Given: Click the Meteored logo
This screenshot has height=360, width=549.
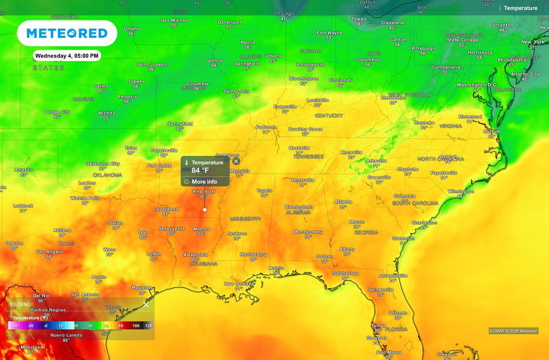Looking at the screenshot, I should tap(67, 33).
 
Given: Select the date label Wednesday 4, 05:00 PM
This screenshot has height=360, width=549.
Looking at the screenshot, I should tap(67, 56).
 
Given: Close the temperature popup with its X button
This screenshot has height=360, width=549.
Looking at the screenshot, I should tap(236, 161).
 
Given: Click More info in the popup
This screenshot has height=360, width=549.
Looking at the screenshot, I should tap(204, 182).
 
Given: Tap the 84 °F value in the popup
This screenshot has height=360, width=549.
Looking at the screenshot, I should tap(200, 170).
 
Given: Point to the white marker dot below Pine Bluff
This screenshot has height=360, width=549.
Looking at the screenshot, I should tap(204, 209).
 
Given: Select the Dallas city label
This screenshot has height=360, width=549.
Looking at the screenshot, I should tap(116, 223).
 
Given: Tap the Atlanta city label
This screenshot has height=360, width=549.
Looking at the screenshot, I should tap(343, 202).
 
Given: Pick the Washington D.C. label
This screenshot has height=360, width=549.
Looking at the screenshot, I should tap(477, 85).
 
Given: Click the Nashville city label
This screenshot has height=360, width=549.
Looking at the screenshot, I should tap(299, 148).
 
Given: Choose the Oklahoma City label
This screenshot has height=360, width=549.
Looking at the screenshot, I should tap(103, 164).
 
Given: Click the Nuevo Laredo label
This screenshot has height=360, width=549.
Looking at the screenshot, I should tap(66, 335).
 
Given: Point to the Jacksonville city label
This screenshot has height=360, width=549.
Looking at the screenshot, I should tap(393, 276).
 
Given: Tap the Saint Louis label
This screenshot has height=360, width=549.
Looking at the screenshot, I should tap(236, 92).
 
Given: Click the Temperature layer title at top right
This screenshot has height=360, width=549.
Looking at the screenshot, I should tap(520, 8).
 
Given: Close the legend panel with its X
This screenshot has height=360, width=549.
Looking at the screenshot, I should tap(146, 304).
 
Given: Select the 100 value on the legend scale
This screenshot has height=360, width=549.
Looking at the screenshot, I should tap(136, 326).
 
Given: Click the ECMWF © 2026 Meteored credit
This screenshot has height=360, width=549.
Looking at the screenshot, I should tap(513, 331).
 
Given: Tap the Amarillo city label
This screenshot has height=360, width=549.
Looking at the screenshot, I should tap(24, 170).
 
